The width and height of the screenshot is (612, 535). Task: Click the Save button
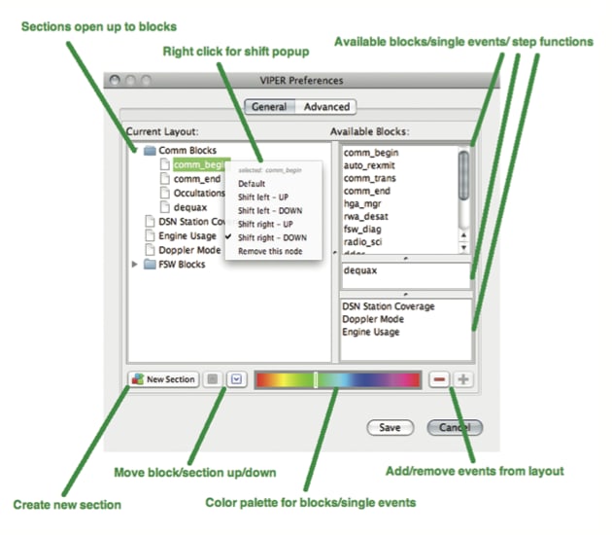tap(390, 427)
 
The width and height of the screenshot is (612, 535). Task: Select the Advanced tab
tap(324, 107)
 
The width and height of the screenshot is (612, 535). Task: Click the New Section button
tap(163, 379)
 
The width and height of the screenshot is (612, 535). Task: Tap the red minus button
tap(439, 379)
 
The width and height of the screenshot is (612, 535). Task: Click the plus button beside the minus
tap(463, 379)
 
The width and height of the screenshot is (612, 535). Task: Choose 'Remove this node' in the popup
tap(271, 251)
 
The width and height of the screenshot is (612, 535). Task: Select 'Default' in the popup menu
tap(252, 183)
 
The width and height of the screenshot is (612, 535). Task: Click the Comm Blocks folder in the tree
tap(186, 151)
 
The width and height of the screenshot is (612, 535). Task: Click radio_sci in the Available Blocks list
tap(363, 241)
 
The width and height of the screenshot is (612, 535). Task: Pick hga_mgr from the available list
tap(363, 203)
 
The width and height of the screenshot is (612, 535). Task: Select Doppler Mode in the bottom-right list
tap(373, 319)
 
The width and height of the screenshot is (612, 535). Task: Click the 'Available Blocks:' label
tap(369, 131)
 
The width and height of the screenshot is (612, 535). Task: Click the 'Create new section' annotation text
tap(67, 505)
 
